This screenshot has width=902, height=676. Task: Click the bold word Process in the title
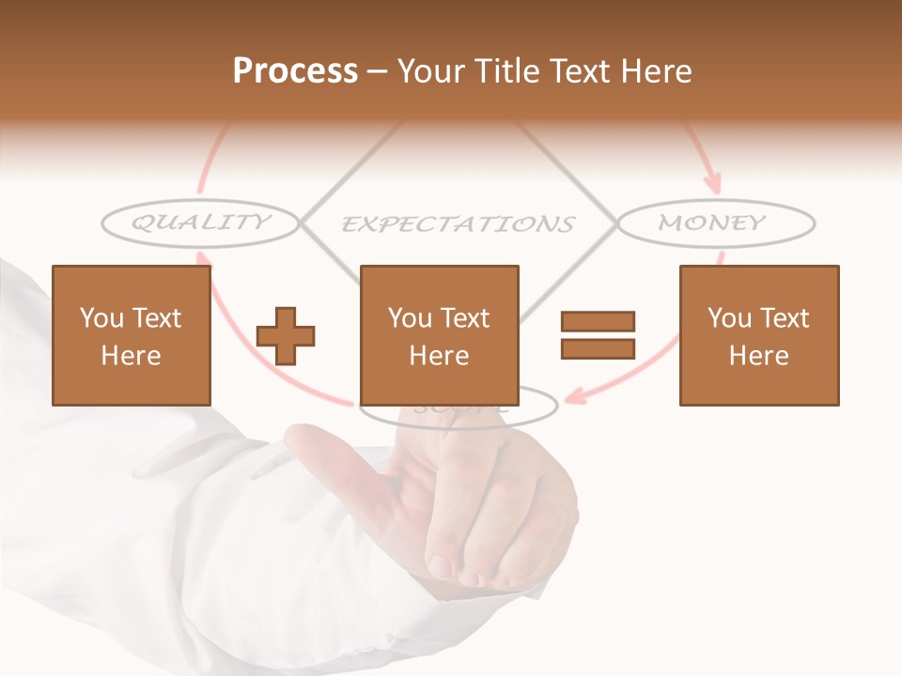pyautogui.click(x=295, y=71)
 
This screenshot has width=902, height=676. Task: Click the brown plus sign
pyautogui.click(x=286, y=336)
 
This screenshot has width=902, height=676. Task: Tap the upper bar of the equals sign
pyautogui.click(x=598, y=321)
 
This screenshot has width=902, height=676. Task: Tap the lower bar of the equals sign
pyautogui.click(x=598, y=348)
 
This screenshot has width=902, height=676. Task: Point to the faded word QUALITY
pyautogui.click(x=200, y=223)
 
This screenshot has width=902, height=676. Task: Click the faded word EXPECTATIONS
pyautogui.click(x=457, y=224)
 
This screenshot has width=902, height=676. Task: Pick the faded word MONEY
pyautogui.click(x=712, y=223)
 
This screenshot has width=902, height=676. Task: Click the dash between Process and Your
pyautogui.click(x=377, y=71)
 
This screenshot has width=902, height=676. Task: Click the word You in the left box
pyautogui.click(x=101, y=318)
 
